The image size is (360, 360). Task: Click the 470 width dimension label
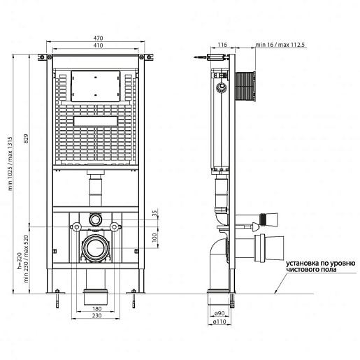pyautogui.click(x=98, y=38)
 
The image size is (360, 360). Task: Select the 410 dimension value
pyautogui.click(x=98, y=45)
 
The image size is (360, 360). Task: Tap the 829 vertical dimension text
pyautogui.click(x=26, y=138)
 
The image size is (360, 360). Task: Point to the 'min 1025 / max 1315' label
pyautogui.click(x=10, y=164)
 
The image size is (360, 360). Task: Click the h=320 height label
pyautogui.click(x=20, y=261)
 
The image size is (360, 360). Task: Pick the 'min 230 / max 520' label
pyautogui.click(x=26, y=259)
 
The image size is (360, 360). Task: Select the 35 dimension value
pyautogui.click(x=154, y=213)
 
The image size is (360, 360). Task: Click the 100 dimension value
pyautogui.click(x=154, y=238)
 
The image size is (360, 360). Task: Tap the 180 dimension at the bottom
pyautogui.click(x=97, y=309)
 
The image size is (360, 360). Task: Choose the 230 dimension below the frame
pyautogui.click(x=97, y=315)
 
